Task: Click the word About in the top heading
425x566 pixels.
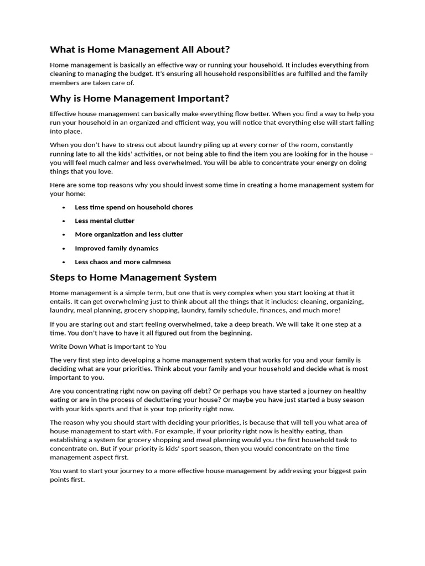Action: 196,49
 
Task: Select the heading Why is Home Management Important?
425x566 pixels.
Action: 139,98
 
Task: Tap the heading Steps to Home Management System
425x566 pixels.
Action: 133,277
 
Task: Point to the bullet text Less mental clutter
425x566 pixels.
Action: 105,221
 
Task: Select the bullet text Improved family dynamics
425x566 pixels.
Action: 116,248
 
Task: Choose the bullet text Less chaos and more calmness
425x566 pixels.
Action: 123,262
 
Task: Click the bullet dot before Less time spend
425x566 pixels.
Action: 64,207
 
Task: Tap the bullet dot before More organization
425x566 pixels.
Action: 64,234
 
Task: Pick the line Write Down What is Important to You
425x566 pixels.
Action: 108,347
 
